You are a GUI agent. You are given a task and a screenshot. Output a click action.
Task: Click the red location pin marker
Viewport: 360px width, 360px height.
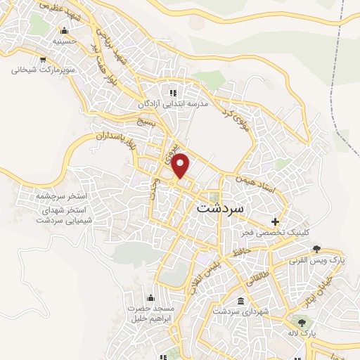(x=181, y=165)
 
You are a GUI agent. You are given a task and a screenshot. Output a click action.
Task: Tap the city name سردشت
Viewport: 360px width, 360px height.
(x=220, y=209)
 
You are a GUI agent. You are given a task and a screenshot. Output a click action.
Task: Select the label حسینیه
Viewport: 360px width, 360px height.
(x=63, y=41)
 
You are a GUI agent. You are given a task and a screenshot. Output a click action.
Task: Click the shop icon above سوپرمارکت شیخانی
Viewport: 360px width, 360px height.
(x=43, y=60)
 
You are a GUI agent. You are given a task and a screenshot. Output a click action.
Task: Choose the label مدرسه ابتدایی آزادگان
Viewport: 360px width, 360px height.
(x=173, y=103)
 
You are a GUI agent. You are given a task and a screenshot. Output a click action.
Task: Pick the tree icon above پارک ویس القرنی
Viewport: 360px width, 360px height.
(x=316, y=247)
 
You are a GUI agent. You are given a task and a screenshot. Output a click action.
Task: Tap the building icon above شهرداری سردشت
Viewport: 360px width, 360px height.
(x=241, y=301)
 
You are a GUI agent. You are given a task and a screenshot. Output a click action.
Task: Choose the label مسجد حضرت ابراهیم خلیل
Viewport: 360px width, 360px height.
(x=149, y=314)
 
